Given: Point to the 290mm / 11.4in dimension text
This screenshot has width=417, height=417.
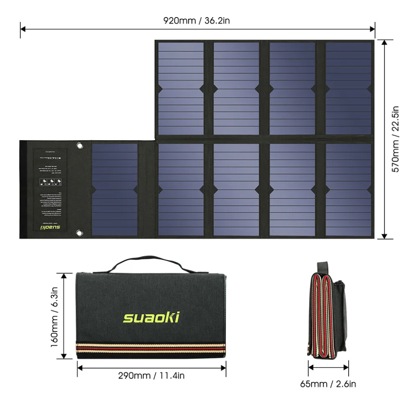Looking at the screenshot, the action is (x=151, y=376).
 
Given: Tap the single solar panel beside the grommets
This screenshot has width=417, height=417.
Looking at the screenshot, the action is (x=114, y=190).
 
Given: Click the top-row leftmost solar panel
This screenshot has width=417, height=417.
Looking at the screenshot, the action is (x=181, y=88).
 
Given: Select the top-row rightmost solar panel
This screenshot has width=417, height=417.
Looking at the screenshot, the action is (x=348, y=88).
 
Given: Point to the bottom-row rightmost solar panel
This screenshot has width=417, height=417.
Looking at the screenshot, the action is (x=348, y=190).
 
